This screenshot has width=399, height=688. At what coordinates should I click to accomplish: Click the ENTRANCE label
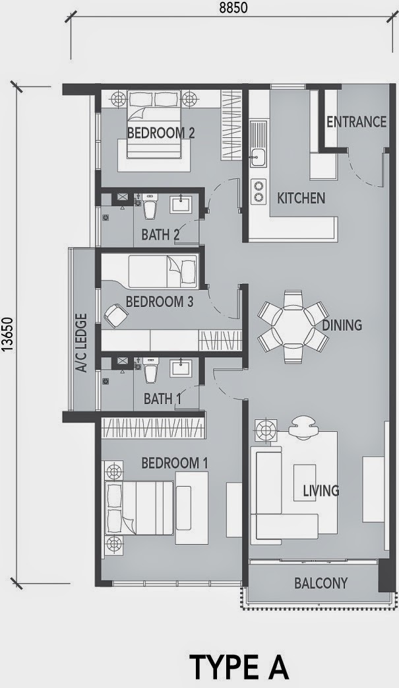pos(356,122)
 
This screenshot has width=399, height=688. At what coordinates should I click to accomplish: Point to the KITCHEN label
pos(301,198)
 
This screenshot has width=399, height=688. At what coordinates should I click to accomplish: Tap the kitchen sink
pos(257,157)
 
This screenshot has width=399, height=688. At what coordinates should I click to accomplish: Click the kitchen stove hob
pos(257,191)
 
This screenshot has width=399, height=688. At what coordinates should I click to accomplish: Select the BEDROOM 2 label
pos(160,133)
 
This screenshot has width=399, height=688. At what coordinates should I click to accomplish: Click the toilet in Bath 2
pos(150,207)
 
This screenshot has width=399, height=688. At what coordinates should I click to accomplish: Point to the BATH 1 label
pos(162,399)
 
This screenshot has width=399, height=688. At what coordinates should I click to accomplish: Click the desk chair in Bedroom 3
pos(115,316)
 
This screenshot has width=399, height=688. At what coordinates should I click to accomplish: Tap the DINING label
pos(342,325)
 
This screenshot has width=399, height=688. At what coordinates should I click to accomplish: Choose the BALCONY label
pos(321,584)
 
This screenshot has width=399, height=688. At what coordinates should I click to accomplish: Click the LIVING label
pos(321,491)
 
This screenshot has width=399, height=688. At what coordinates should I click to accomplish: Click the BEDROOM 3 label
pos(159,302)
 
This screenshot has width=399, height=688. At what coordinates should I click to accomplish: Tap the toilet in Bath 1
pos(150,372)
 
